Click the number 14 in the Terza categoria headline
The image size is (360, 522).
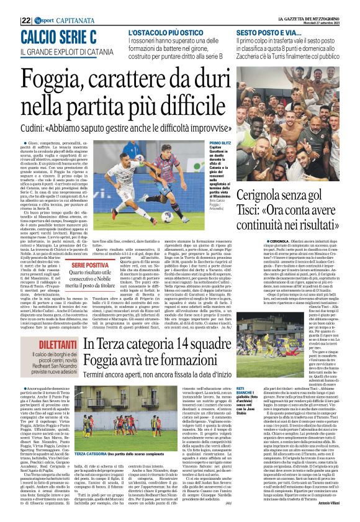tap(184, 345)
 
